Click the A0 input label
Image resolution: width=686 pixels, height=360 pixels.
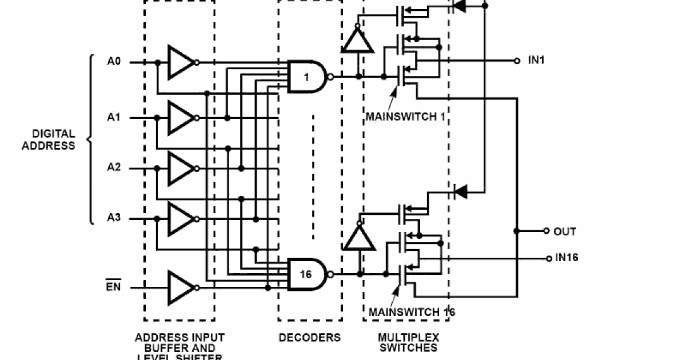(114, 61)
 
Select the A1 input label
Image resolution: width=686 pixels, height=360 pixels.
(114, 117)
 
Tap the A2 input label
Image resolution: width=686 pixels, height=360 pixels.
(114, 168)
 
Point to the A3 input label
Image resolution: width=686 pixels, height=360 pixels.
(114, 218)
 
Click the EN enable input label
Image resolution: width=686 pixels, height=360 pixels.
(114, 287)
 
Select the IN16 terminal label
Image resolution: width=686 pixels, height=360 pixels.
(567, 258)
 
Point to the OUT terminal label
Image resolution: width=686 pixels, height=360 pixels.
(564, 231)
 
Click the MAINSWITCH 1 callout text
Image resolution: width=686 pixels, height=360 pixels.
(406, 118)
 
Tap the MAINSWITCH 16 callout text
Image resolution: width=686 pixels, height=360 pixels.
(412, 313)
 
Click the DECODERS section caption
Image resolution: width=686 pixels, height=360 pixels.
(309, 338)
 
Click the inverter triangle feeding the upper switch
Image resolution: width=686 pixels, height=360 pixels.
(358, 41)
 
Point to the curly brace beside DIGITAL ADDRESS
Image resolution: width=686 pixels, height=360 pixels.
(90, 139)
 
